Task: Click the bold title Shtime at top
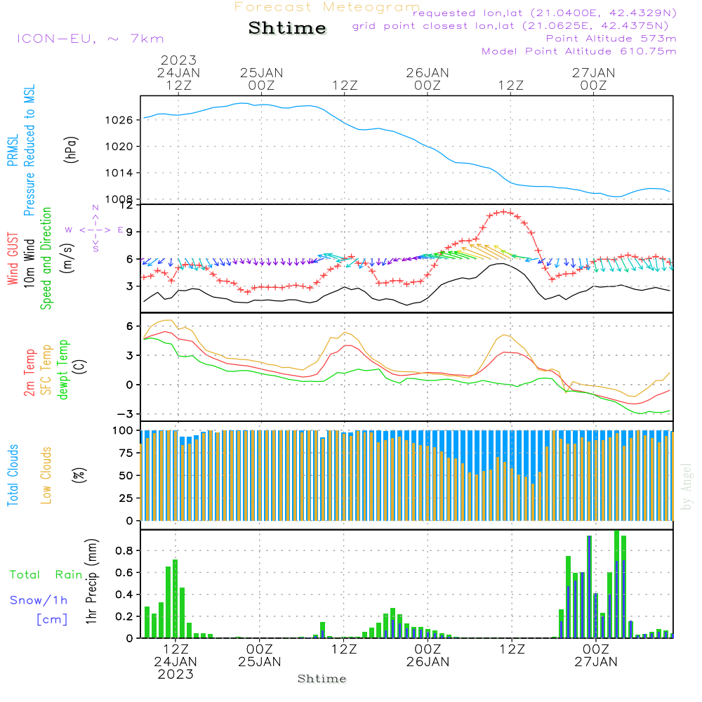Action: click(287, 28)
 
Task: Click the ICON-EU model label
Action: click(90, 39)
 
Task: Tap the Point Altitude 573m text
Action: click(611, 39)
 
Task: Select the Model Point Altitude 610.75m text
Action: click(578, 51)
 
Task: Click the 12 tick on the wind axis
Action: click(126, 206)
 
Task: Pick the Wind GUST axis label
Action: click(13, 260)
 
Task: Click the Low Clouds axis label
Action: click(47, 475)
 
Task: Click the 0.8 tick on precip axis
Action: click(124, 550)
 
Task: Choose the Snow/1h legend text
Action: click(39, 601)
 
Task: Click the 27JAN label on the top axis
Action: click(594, 73)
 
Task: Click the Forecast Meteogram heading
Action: click(327, 7)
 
